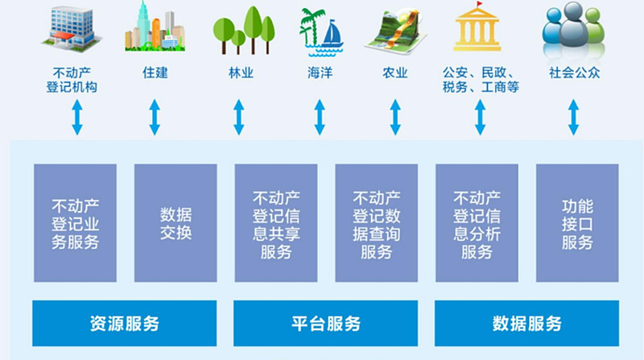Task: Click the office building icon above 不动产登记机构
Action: tap(72, 28)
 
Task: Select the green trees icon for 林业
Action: tap(244, 31)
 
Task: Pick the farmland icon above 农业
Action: tap(395, 32)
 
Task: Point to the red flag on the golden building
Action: tap(479, 5)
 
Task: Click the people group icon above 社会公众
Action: tap(573, 30)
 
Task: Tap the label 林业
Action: tap(241, 73)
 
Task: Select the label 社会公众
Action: tap(574, 72)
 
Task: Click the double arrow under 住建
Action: tap(155, 117)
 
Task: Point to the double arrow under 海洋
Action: tap(320, 117)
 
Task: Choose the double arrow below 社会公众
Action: tap(573, 117)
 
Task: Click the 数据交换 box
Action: tap(175, 223)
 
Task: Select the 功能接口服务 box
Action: tap(577, 223)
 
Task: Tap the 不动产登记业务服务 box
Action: tap(75, 223)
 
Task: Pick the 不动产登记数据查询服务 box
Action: tap(376, 223)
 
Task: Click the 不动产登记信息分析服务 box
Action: tap(477, 223)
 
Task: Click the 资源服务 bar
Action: tap(125, 324)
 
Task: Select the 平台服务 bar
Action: tap(326, 324)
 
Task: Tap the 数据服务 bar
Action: tap(527, 324)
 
